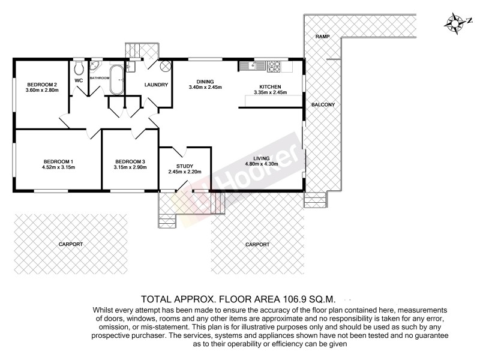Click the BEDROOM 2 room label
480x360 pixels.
41,84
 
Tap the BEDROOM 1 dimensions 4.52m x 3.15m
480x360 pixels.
58,167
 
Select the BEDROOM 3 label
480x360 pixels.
130,161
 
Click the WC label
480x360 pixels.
79,80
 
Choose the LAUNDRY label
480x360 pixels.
156,85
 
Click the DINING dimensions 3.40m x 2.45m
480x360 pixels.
205,88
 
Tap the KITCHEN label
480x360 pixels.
270,86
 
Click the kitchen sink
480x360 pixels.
247,64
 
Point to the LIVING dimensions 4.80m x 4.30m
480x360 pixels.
262,164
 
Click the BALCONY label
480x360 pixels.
323,105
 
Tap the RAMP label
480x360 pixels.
322,37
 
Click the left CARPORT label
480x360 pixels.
71,244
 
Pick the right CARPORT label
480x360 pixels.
257,244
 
